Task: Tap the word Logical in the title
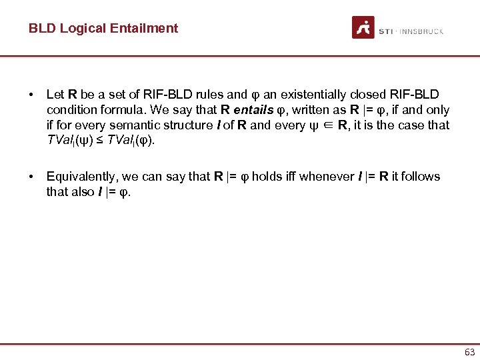pos(90,28)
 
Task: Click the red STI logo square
pos(363,27)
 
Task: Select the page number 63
pos(469,351)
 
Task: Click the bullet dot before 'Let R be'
pos(31,95)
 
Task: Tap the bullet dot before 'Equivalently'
pos(31,177)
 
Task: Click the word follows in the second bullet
pos(420,177)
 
